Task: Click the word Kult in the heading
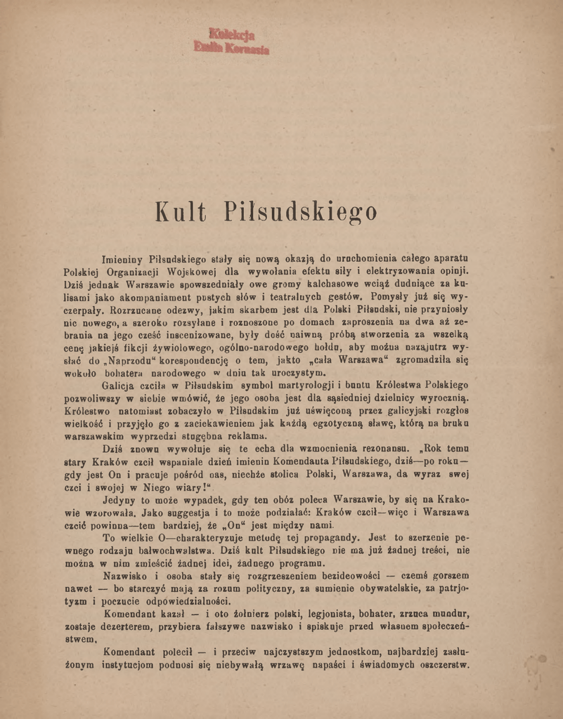[x=180, y=211]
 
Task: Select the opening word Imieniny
[x=123, y=258]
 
